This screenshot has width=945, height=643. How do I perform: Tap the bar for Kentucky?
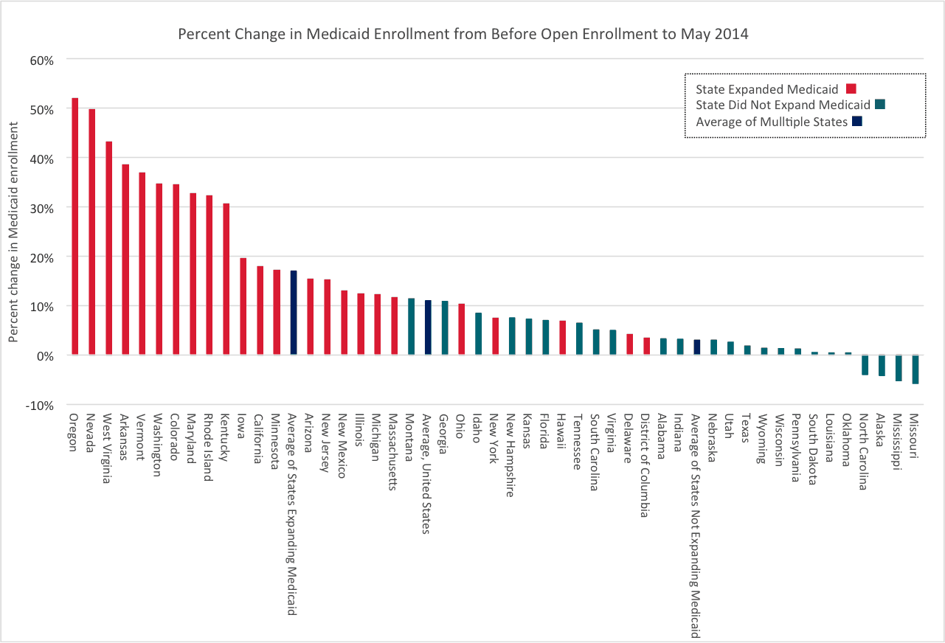coord(226,279)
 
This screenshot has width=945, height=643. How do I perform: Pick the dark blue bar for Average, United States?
coord(428,327)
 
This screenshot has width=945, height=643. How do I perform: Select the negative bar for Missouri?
coord(915,369)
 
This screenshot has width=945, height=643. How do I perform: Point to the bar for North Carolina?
coord(865,365)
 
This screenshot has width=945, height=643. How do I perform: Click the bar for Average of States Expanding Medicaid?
coord(294,313)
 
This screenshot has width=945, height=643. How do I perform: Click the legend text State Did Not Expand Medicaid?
coord(783,105)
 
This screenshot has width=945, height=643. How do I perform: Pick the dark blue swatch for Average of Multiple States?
coord(856,122)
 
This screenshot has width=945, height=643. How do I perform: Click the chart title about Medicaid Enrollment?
coord(463,35)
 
